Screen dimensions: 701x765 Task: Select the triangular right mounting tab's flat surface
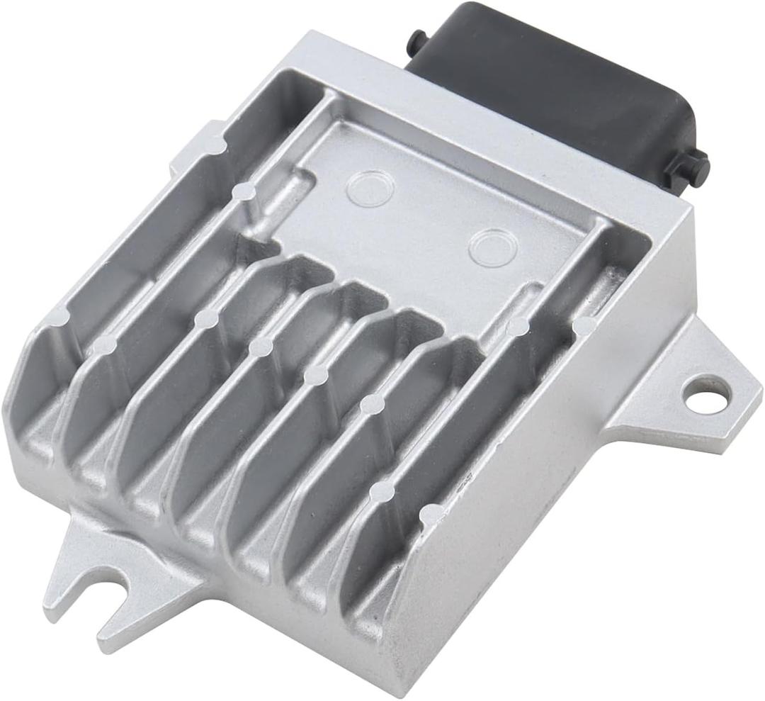659,404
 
